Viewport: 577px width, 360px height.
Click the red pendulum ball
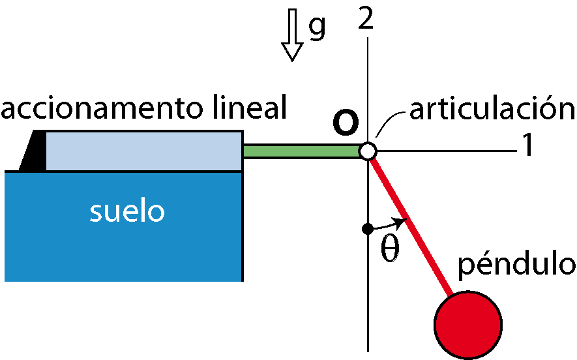(468, 325)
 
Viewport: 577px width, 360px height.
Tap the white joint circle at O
(368, 151)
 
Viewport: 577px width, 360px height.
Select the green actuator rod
(301, 151)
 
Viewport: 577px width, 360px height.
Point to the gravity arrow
(292, 35)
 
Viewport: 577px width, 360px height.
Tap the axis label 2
(366, 18)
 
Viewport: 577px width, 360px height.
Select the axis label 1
(527, 145)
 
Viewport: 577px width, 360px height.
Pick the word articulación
(492, 107)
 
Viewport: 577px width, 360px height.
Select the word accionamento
(102, 108)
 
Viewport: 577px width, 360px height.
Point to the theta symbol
(390, 249)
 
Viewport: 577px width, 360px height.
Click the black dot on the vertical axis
(368, 229)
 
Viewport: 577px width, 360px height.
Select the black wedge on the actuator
(33, 150)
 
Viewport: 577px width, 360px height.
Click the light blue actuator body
(144, 151)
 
